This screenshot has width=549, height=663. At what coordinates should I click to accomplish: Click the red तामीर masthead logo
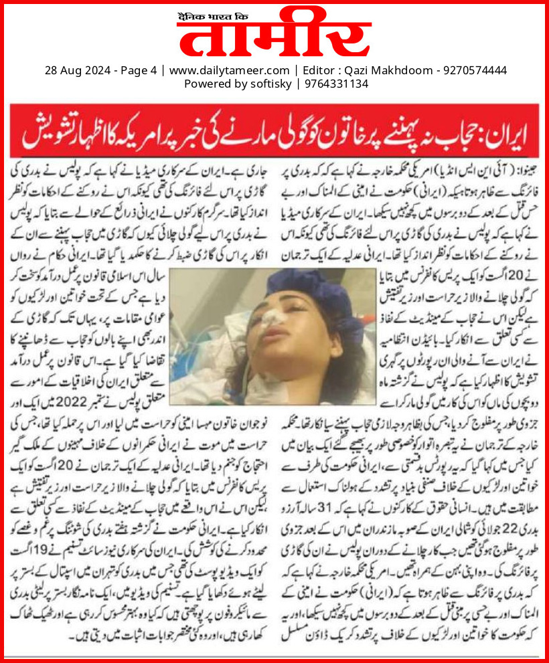[x=274, y=37]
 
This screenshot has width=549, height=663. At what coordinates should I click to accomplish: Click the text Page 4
[x=138, y=70]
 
